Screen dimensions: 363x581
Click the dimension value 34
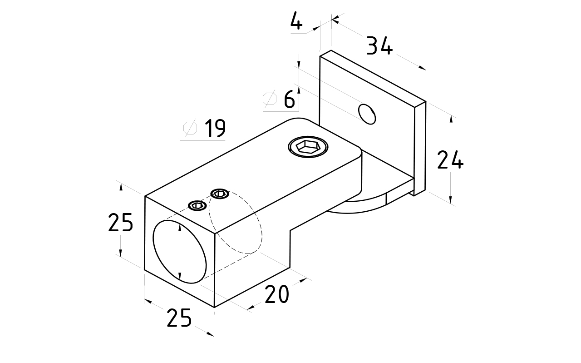(x=379, y=46)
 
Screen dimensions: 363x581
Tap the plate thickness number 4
(x=296, y=22)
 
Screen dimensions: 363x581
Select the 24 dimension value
(x=450, y=160)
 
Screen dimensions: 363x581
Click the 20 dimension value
(x=276, y=295)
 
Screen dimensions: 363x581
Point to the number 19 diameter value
(x=215, y=129)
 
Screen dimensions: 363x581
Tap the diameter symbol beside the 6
(x=270, y=100)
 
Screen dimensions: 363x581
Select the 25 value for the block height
(x=120, y=223)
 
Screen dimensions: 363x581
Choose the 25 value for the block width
(x=179, y=318)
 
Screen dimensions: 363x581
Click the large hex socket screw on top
(x=308, y=146)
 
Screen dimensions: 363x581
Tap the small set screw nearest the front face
(x=197, y=205)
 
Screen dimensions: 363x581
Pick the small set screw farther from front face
(x=220, y=194)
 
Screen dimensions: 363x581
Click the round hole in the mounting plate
(x=367, y=114)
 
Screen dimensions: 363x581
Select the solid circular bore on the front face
(x=179, y=251)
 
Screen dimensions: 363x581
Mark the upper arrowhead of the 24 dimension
(x=451, y=119)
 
